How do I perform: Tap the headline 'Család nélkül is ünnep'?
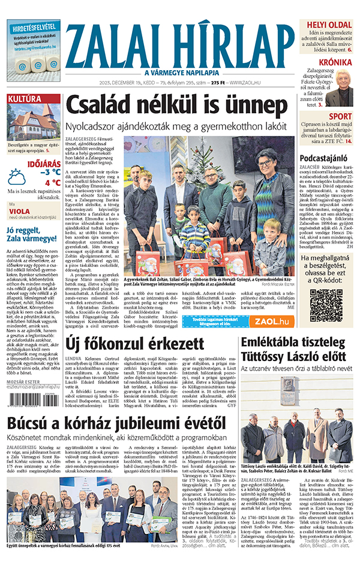176,106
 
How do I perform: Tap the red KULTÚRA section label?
24,98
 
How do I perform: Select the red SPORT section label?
340,116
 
